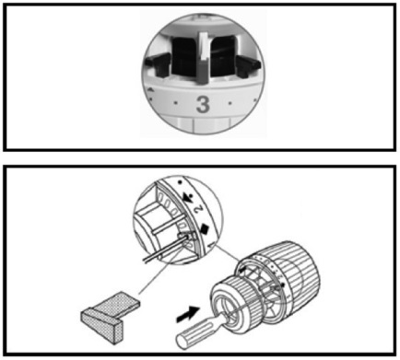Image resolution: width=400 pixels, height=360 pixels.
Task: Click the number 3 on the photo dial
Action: [x=203, y=104]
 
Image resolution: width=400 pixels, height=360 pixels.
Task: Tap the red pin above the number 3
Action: [x=203, y=71]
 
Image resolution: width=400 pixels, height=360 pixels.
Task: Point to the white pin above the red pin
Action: [x=204, y=45]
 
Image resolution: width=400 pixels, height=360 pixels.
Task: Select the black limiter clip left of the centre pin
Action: [x=158, y=64]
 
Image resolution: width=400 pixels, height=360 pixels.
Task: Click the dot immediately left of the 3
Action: [x=175, y=103]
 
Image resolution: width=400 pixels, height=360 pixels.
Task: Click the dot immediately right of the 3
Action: [x=230, y=103]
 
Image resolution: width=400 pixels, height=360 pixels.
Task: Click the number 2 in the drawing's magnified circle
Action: [x=198, y=209]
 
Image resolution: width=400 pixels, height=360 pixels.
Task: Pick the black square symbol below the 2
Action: [x=205, y=228]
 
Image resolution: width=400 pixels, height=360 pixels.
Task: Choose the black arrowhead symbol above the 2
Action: [x=188, y=198]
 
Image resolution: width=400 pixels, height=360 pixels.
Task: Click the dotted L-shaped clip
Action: [x=111, y=316]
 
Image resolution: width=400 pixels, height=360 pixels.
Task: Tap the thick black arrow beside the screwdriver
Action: [x=188, y=314]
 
